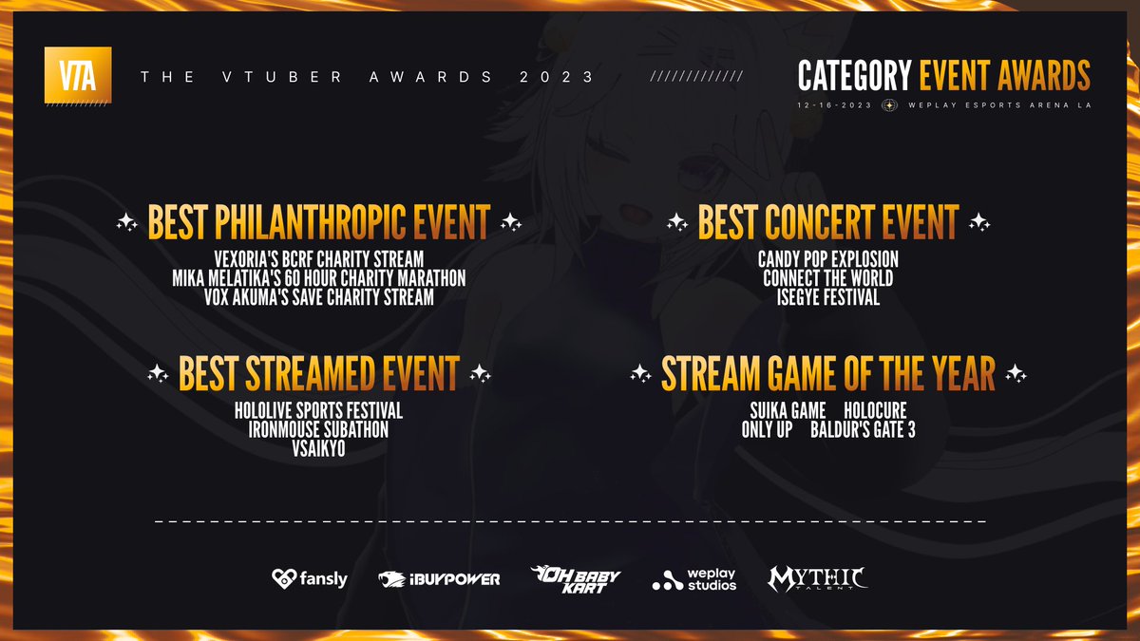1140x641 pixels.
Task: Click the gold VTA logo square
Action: coord(78,75)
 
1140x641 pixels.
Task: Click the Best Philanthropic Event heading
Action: coord(319,222)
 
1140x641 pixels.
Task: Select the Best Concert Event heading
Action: coord(828,222)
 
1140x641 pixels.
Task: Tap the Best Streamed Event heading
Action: coord(319,373)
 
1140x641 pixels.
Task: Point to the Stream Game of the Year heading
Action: coord(828,373)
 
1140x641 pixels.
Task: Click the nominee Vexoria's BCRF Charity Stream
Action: coord(319,259)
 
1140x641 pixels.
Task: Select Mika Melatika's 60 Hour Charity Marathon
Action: coord(319,278)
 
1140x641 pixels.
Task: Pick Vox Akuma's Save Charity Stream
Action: coord(319,297)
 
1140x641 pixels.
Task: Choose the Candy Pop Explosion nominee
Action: coord(828,259)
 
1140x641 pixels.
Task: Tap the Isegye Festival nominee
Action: coord(828,297)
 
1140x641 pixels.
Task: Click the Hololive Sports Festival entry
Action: coord(318,410)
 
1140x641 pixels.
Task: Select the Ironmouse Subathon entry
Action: coord(318,429)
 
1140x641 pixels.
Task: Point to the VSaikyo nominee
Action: coord(318,448)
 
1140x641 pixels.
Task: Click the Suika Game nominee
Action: coord(788,410)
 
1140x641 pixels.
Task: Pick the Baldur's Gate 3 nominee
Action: coord(864,429)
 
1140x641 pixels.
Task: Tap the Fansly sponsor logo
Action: coord(310,579)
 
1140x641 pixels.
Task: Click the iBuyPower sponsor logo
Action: coord(439,579)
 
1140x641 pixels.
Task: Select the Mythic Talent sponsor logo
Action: coord(818,579)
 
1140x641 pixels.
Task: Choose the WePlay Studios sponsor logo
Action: coord(694,579)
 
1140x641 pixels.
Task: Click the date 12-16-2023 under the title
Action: coord(835,105)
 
